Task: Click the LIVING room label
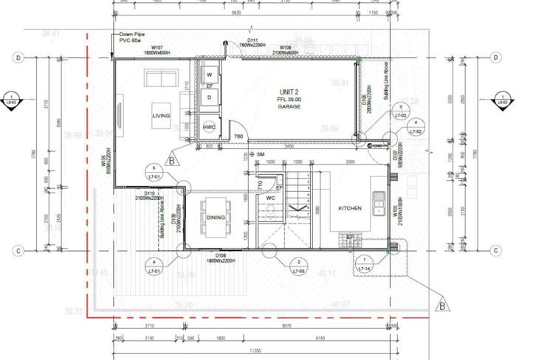click(161, 116)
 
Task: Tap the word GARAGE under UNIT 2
click(289, 107)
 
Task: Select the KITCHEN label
click(349, 209)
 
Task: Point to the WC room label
click(270, 198)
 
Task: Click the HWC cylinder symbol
click(209, 127)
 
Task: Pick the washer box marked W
click(209, 75)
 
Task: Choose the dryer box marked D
click(209, 97)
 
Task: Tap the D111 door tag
click(253, 41)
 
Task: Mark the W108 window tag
click(285, 49)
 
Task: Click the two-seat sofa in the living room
click(161, 77)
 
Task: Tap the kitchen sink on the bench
click(379, 198)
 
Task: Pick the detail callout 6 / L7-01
click(154, 170)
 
